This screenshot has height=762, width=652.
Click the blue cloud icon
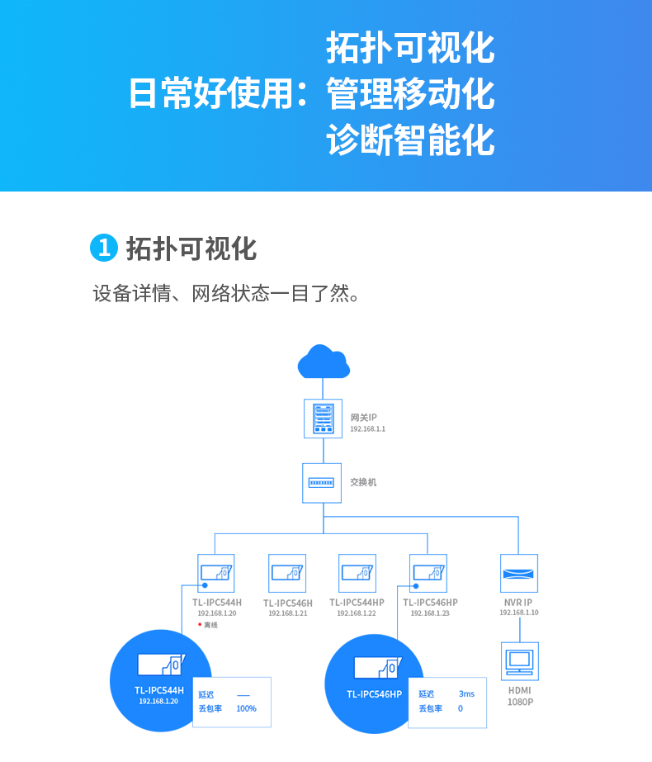(324, 362)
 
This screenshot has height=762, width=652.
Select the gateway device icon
(323, 419)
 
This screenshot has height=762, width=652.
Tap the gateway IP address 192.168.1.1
(368, 428)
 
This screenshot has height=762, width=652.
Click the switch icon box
(322, 483)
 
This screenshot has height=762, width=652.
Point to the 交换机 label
(363, 482)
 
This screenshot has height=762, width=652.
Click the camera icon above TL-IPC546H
(287, 573)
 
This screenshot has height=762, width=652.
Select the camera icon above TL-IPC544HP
(357, 573)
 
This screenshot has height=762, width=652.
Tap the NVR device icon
(519, 573)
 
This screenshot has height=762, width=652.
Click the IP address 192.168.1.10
(519, 613)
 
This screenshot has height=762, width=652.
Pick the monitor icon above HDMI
(520, 661)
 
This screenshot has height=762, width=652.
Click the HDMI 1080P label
(520, 696)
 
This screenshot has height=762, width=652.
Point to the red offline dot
(200, 624)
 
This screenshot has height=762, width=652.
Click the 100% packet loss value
(246, 708)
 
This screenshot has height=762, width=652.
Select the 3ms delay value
(466, 694)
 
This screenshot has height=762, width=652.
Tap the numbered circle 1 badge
(104, 248)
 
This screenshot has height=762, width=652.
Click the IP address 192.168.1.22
(357, 613)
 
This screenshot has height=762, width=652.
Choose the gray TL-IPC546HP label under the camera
(430, 603)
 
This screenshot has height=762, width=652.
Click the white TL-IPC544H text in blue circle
(158, 690)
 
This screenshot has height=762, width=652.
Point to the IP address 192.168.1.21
(287, 613)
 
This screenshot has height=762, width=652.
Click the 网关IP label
(363, 418)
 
